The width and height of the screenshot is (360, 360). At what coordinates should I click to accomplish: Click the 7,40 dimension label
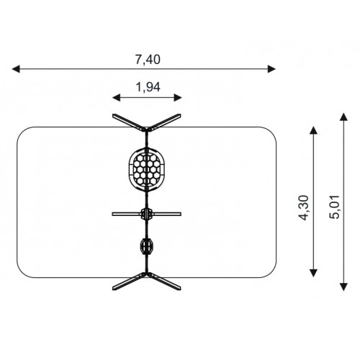point(148,60)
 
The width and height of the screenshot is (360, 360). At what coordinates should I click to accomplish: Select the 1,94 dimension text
point(148,87)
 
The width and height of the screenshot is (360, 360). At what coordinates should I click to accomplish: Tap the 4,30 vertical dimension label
point(303,208)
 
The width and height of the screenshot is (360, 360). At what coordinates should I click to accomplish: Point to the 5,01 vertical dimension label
point(335,207)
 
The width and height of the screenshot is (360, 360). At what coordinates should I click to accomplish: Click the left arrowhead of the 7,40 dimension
point(16,69)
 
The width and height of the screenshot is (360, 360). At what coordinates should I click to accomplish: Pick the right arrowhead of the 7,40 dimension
point(271,69)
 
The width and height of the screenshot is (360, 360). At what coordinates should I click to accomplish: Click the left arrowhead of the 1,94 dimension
point(117,98)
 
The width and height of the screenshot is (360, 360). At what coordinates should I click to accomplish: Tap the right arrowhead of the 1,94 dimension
point(178,98)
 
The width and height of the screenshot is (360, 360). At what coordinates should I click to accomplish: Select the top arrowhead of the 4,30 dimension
point(314,130)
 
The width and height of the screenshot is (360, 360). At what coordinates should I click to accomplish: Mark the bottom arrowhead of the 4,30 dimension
point(314,273)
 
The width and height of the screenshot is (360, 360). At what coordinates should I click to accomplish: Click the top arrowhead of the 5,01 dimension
point(344,117)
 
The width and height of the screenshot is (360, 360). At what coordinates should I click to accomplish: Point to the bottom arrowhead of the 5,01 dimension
point(344,287)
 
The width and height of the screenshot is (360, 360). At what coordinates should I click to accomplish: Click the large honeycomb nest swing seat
point(147,170)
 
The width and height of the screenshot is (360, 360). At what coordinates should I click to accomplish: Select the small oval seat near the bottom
point(146,246)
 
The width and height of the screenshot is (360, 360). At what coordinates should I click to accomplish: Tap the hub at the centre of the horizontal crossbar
point(146,214)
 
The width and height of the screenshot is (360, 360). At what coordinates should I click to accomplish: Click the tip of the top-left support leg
point(113,115)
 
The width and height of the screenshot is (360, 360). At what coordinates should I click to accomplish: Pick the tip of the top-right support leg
point(180,115)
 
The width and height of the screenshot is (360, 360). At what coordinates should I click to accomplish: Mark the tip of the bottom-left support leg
point(113,288)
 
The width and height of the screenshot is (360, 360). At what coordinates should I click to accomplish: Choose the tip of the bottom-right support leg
point(180,288)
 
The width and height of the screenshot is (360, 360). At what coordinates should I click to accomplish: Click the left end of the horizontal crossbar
point(112,214)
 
